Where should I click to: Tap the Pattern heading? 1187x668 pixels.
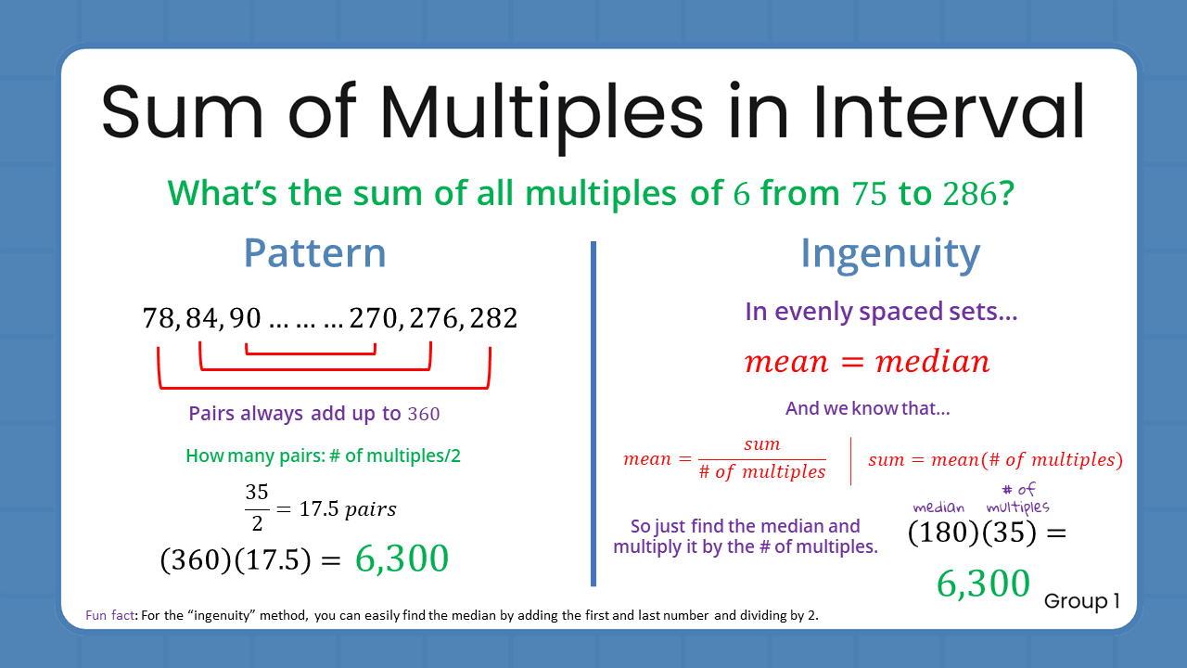(314, 253)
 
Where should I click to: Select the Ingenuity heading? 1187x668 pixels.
(889, 253)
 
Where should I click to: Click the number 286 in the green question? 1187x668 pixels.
(970, 193)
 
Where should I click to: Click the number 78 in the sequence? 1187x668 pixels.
(160, 319)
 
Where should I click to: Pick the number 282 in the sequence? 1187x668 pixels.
(493, 319)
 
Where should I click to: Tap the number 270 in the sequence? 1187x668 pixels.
(374, 319)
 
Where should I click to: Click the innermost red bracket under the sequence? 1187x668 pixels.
(311, 353)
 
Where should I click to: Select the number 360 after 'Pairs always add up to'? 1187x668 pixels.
(424, 415)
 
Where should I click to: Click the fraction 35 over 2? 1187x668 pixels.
(257, 508)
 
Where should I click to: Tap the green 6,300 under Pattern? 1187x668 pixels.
(401, 559)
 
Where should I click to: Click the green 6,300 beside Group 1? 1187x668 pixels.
(983, 584)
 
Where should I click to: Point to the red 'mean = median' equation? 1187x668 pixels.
(867, 361)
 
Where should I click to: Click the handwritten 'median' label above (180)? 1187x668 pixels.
(938, 507)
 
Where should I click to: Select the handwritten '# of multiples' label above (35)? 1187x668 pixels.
(1017, 498)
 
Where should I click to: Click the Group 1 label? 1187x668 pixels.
(1081, 601)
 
